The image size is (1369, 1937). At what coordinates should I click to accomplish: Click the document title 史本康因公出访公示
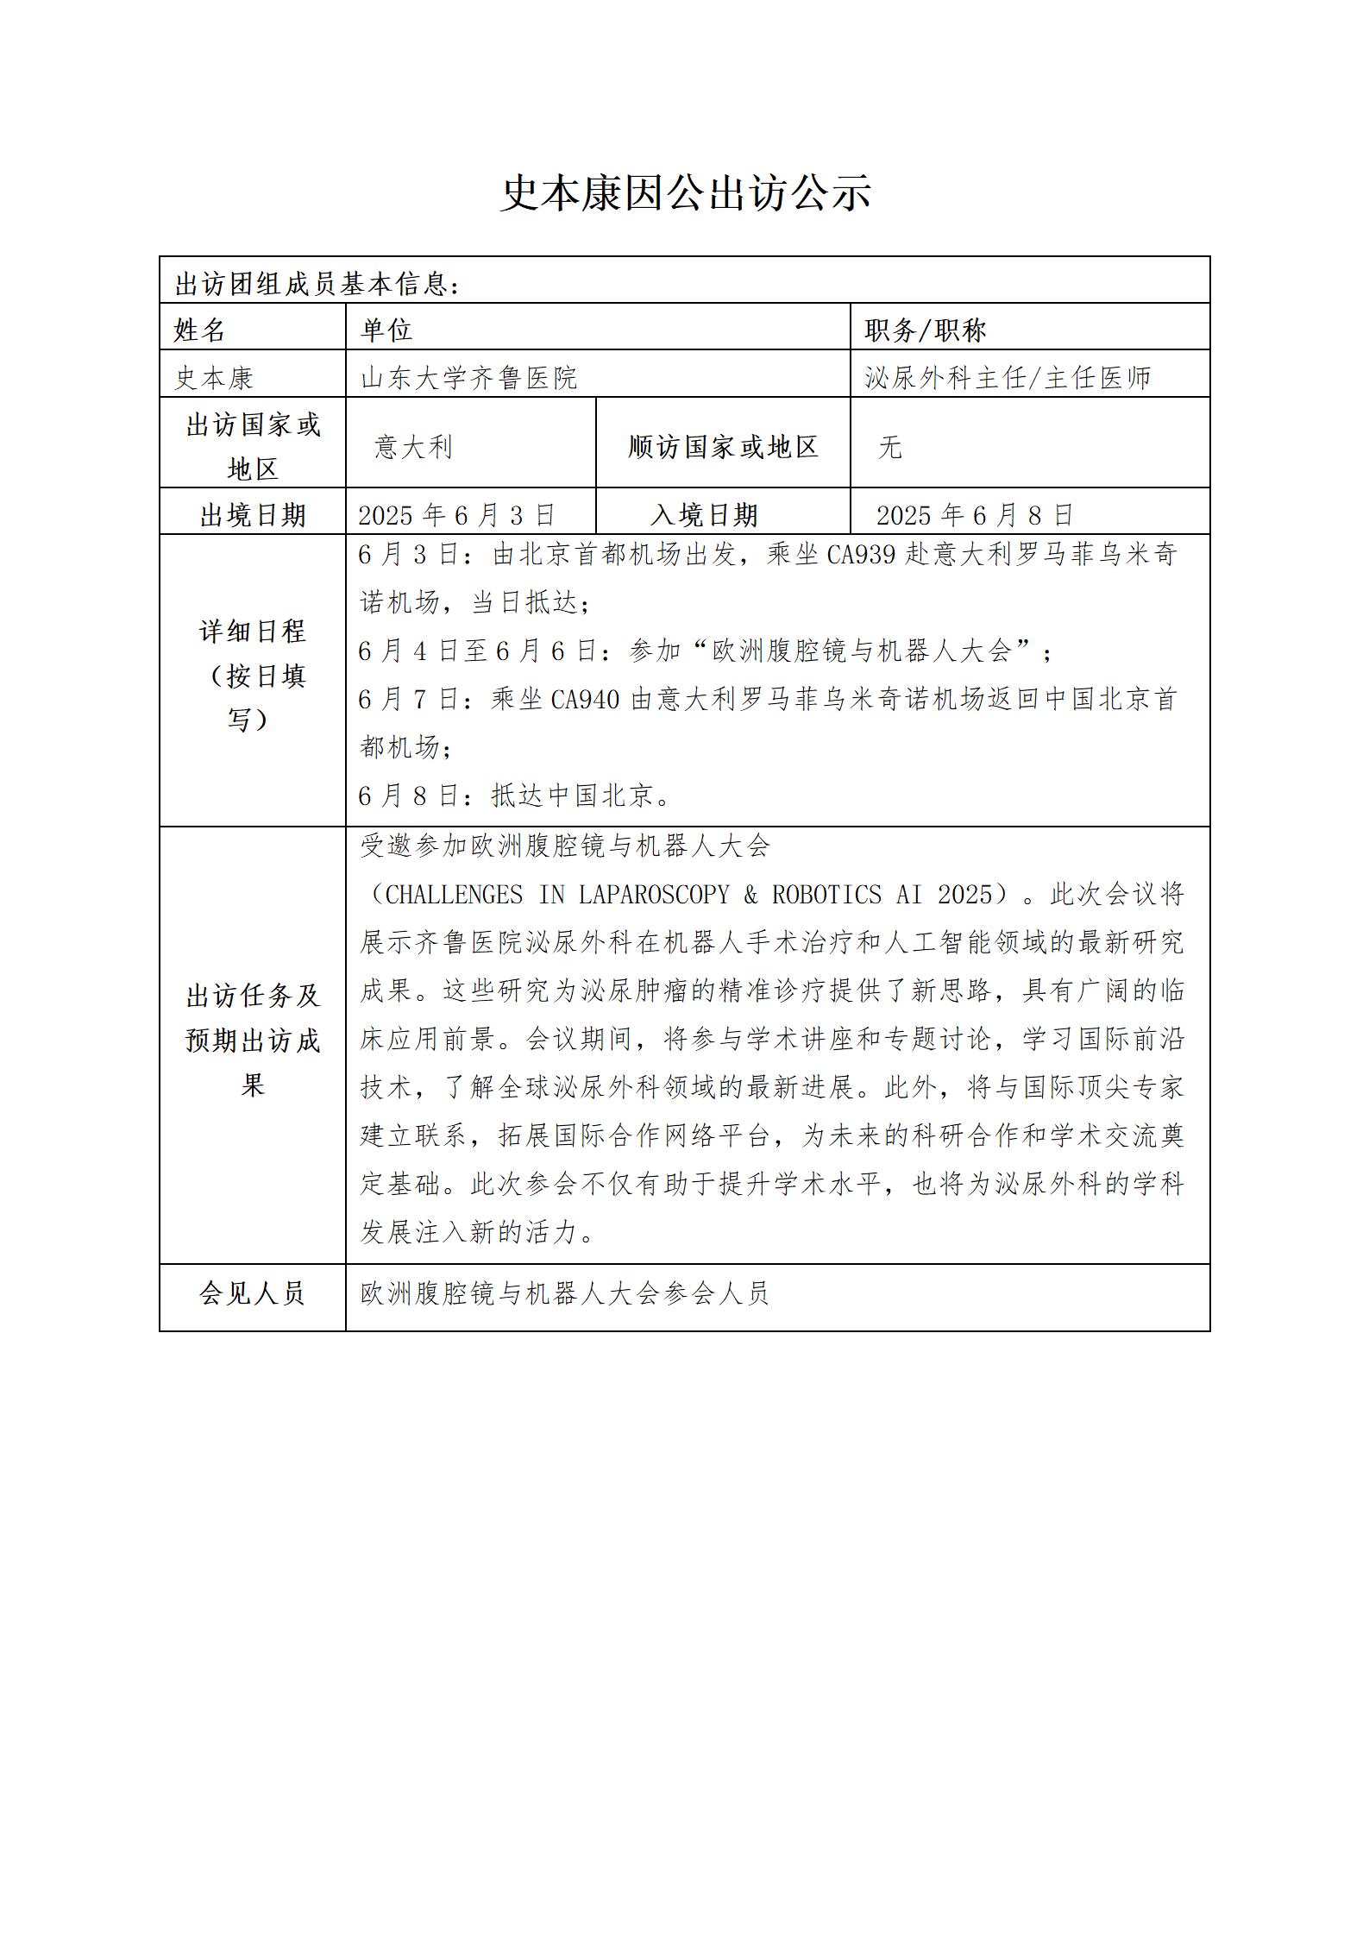point(685,193)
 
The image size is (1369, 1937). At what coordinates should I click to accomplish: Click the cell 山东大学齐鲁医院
point(468,377)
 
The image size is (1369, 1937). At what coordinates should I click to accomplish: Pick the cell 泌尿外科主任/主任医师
point(1008,377)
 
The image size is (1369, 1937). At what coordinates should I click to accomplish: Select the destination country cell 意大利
point(413,446)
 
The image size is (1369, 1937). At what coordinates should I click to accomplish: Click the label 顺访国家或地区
point(723,446)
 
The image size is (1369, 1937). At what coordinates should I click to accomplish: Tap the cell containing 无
point(889,446)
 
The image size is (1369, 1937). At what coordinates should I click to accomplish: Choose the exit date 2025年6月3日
point(456,515)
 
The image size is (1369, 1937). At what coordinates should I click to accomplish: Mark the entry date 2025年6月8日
point(975,515)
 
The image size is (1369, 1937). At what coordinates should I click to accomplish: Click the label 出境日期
point(253,515)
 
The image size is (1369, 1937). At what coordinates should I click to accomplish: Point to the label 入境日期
point(704,515)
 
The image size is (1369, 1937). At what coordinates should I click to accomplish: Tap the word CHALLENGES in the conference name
point(454,895)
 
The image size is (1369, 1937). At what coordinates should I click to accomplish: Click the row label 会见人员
point(252,1292)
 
